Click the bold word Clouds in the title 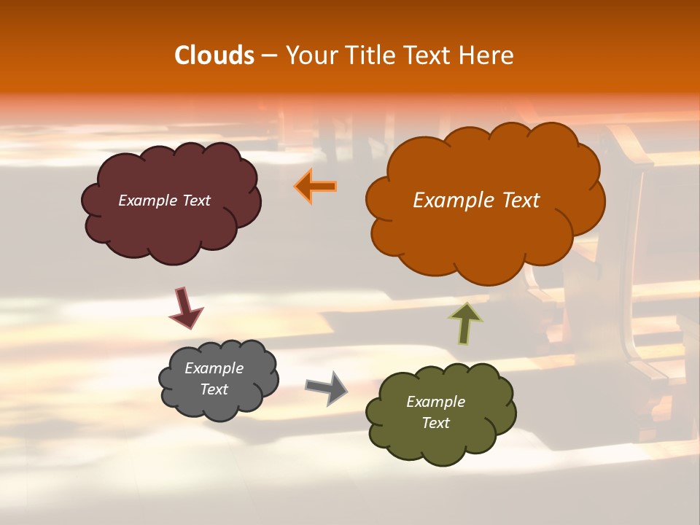214,55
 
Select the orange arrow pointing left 316,186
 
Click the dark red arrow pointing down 185,308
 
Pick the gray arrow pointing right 327,387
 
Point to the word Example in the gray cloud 214,368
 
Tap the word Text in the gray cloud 214,389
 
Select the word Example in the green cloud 435,402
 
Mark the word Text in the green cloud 435,423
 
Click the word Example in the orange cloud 450,201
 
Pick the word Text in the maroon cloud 196,201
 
